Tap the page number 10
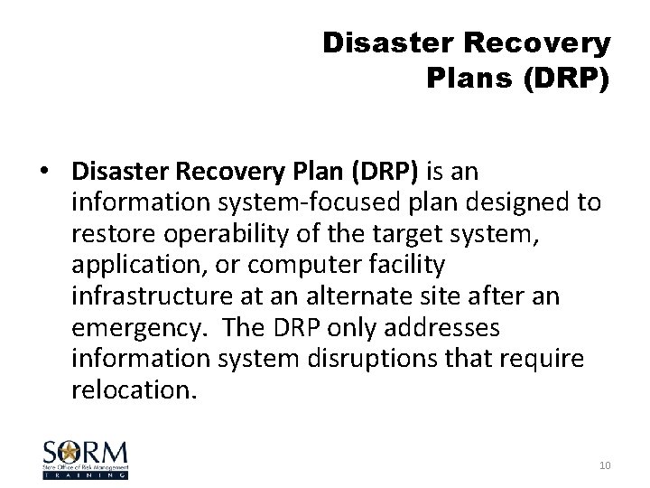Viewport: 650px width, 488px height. [x=603, y=464]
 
